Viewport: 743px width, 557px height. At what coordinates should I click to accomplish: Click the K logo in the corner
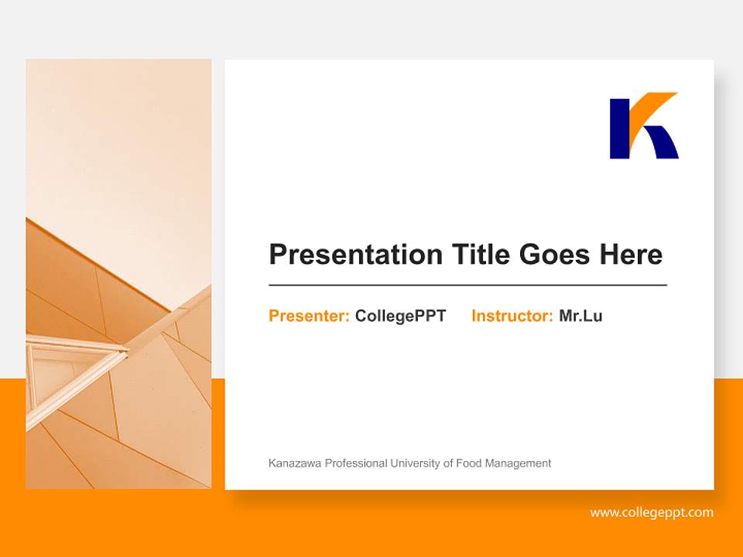pyautogui.click(x=643, y=126)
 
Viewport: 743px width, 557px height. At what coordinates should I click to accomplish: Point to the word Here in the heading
pyautogui.click(x=630, y=255)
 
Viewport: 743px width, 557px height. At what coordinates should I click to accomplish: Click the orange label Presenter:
pyautogui.click(x=309, y=316)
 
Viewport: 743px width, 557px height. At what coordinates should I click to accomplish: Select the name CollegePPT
pyautogui.click(x=400, y=316)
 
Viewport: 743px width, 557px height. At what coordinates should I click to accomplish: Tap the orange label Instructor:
pyautogui.click(x=512, y=316)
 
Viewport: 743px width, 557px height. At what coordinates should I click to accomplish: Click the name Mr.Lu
pyautogui.click(x=580, y=316)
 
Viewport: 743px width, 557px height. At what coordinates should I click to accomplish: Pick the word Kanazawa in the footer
pyautogui.click(x=295, y=463)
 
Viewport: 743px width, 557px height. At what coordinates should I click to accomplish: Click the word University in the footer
pyautogui.click(x=415, y=463)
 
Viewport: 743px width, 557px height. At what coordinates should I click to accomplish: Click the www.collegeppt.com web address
pyautogui.click(x=651, y=512)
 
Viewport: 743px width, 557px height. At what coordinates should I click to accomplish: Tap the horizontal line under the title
pyautogui.click(x=467, y=285)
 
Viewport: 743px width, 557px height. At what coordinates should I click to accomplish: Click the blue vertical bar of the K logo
pyautogui.click(x=619, y=128)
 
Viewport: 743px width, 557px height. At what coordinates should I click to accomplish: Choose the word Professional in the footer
pyautogui.click(x=355, y=463)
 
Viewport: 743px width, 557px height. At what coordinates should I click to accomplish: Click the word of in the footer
pyautogui.click(x=448, y=463)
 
